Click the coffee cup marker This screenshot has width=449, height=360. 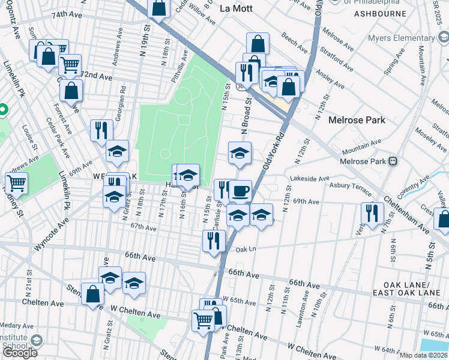click(x=240, y=191)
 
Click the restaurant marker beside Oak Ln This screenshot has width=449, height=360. click(x=214, y=241)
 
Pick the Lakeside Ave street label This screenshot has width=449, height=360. click(x=309, y=179)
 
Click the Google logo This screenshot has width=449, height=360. click(x=19, y=353)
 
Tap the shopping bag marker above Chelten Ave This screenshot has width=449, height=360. click(x=92, y=295)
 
